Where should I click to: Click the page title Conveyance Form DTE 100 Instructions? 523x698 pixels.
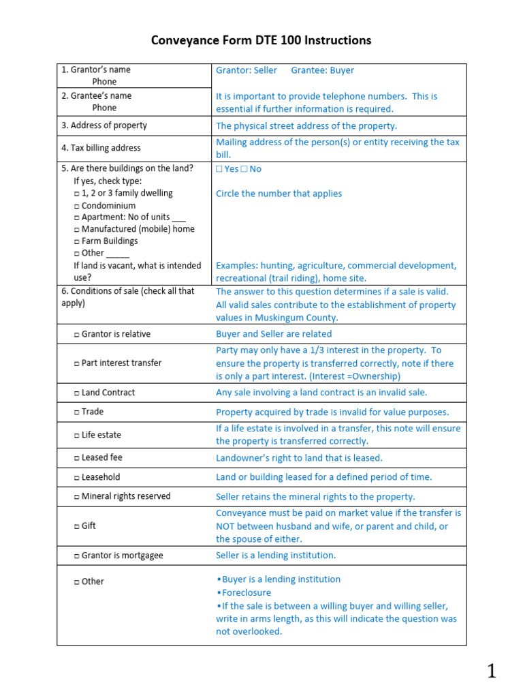coord(261,40)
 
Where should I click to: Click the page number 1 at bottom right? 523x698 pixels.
coord(491,671)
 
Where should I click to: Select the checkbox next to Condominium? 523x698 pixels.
coord(76,206)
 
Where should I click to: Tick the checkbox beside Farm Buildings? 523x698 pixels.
coord(76,241)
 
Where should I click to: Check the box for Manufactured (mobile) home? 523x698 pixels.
coord(76,230)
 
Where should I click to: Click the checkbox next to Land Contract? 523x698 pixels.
coord(76,393)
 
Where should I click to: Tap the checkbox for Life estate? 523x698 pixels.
coord(76,436)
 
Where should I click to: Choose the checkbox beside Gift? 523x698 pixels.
coord(76,527)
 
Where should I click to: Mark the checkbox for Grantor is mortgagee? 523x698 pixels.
coord(76,556)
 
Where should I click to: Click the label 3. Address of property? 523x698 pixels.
coord(104,125)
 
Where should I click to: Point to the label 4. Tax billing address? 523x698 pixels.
coord(101,148)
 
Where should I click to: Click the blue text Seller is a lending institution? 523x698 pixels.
coord(276,556)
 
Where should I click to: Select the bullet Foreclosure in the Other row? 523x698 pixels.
coord(246,593)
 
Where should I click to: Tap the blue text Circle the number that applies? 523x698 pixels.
coord(279,194)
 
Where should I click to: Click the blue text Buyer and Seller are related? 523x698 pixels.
coord(274,334)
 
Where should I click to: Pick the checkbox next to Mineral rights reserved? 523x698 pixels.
coord(76,497)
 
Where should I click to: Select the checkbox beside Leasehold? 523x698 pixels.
coord(76,478)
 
